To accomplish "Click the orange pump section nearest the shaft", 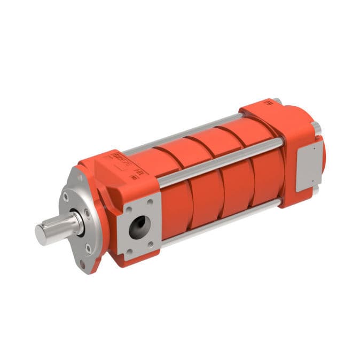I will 176,203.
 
